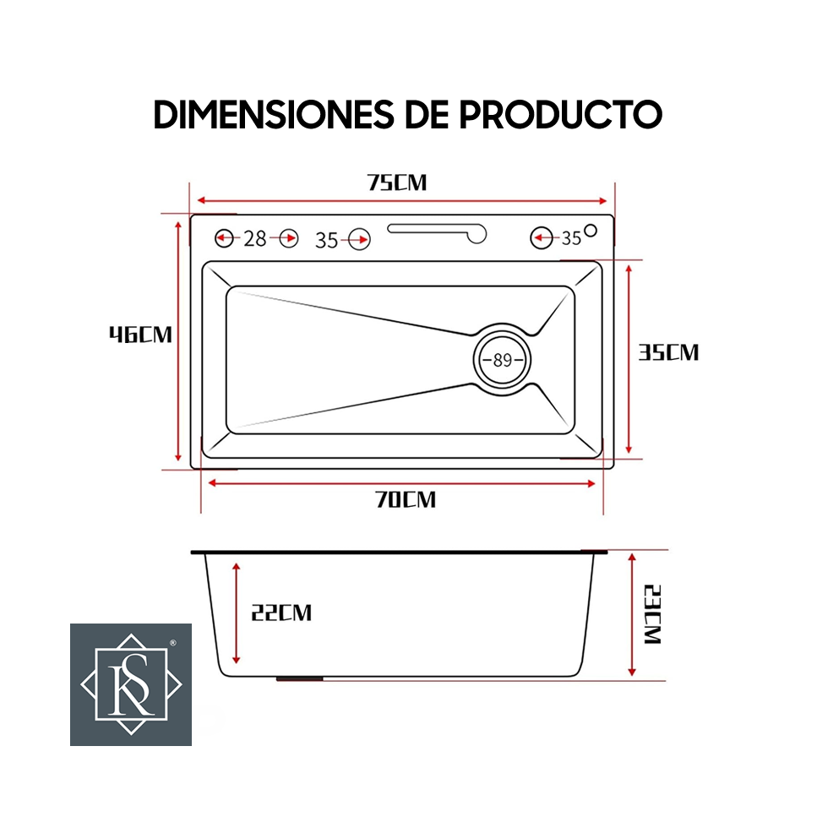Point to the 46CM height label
point(140,335)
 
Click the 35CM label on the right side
point(668,352)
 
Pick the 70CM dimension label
point(406,499)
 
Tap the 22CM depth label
point(281,613)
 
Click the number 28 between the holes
point(255,239)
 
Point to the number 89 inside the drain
point(503,360)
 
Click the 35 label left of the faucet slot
point(327,241)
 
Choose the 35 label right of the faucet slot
point(571,239)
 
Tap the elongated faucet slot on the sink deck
point(438,230)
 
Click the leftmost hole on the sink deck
point(224,239)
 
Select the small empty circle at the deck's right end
point(591,230)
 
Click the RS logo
point(131,684)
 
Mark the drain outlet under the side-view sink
point(301,678)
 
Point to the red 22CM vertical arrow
point(237,613)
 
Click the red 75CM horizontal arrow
point(403,202)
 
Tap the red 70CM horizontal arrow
point(402,483)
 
